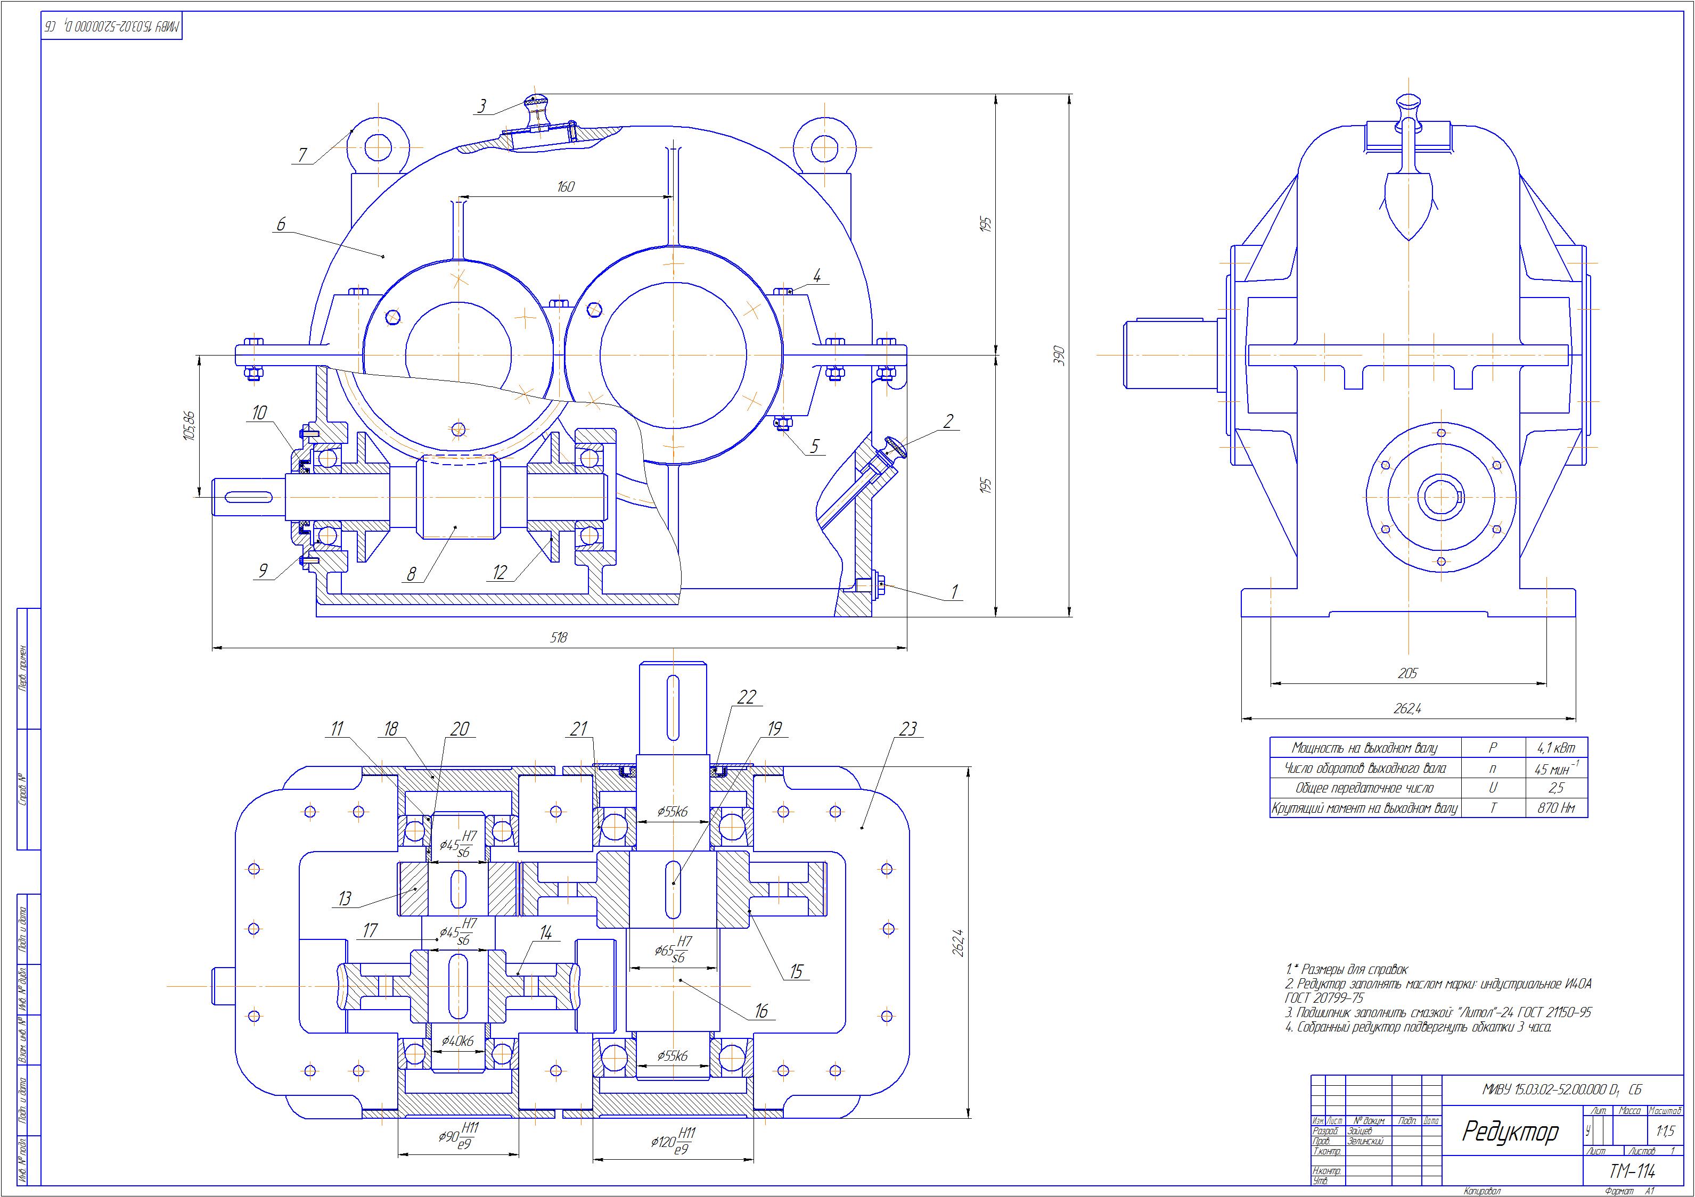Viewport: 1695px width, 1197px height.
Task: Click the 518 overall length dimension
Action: (x=559, y=638)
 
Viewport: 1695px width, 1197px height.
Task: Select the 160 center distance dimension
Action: (x=565, y=187)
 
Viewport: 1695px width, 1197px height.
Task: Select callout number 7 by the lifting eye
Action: (x=302, y=155)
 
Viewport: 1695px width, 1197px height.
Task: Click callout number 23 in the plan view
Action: (x=907, y=729)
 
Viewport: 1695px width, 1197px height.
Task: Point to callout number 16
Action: (x=761, y=1011)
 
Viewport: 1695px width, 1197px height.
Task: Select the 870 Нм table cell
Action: (x=1556, y=808)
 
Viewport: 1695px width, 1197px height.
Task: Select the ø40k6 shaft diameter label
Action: (x=458, y=1041)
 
